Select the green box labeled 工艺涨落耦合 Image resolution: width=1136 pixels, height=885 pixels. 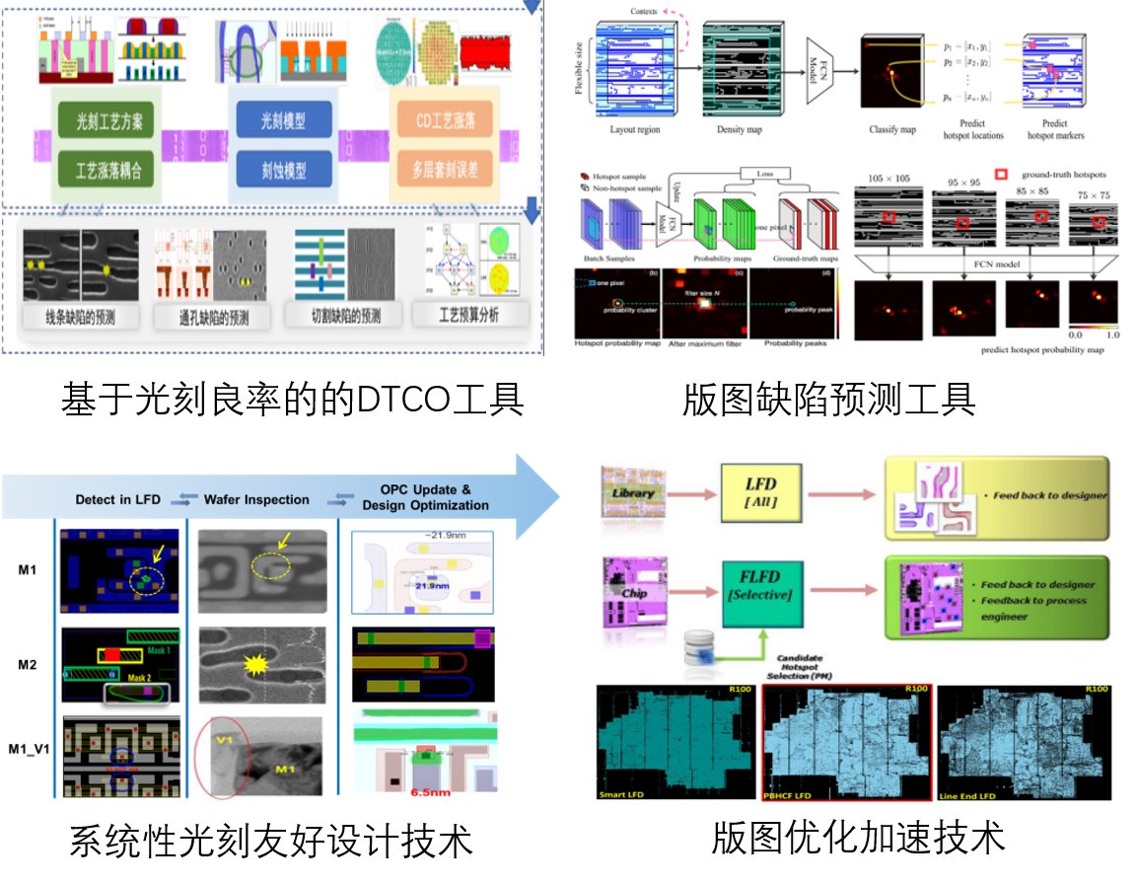[108, 169]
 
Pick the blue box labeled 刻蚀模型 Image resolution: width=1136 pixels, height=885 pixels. [282, 169]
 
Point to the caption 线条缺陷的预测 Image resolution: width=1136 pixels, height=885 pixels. [80, 317]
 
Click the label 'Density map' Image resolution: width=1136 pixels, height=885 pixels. [745, 129]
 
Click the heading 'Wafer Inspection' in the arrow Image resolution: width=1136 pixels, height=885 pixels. [256, 499]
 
